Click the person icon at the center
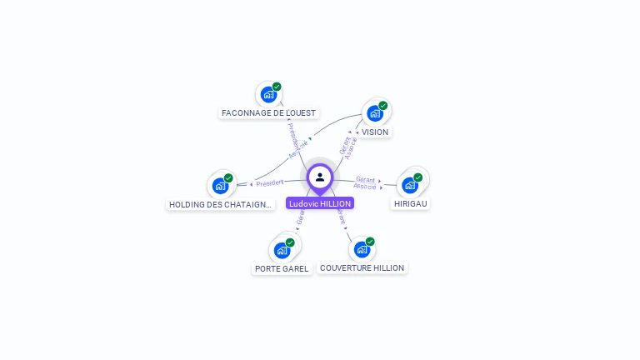pos(320,177)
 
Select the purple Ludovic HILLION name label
pos(320,203)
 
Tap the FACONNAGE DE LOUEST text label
pos(269,112)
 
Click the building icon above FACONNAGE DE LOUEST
pos(268,94)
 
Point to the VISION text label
pos(375,132)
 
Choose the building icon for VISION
pos(375,113)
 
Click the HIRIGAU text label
pos(411,203)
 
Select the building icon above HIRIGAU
pos(410,184)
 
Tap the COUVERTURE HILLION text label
pos(362,268)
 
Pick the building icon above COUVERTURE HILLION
pos(362,249)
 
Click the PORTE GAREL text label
pos(282,268)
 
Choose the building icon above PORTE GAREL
pos(282,249)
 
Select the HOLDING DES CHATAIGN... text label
pos(220,204)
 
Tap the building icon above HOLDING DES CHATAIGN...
pos(220,185)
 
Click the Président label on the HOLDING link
pos(270,182)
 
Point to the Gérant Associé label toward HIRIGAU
pos(365,182)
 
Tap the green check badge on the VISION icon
pos(383,106)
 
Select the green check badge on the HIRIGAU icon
pos(418,177)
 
